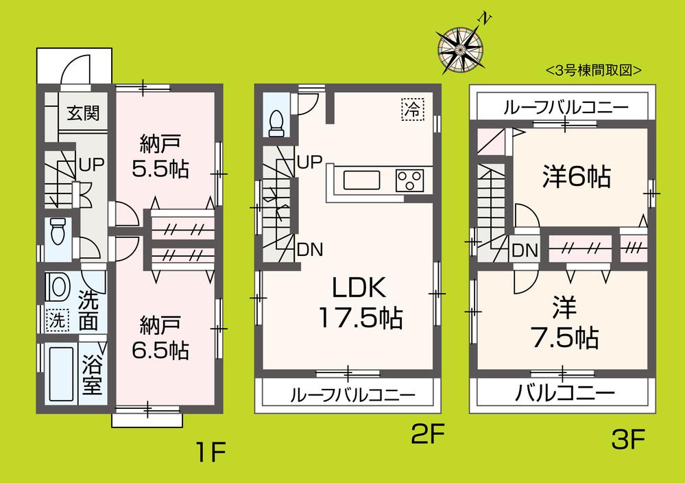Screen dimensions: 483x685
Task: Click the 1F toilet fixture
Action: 58,231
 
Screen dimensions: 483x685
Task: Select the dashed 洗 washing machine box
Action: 58,319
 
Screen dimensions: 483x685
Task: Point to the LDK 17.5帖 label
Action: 359,302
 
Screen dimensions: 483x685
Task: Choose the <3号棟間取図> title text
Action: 593,70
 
